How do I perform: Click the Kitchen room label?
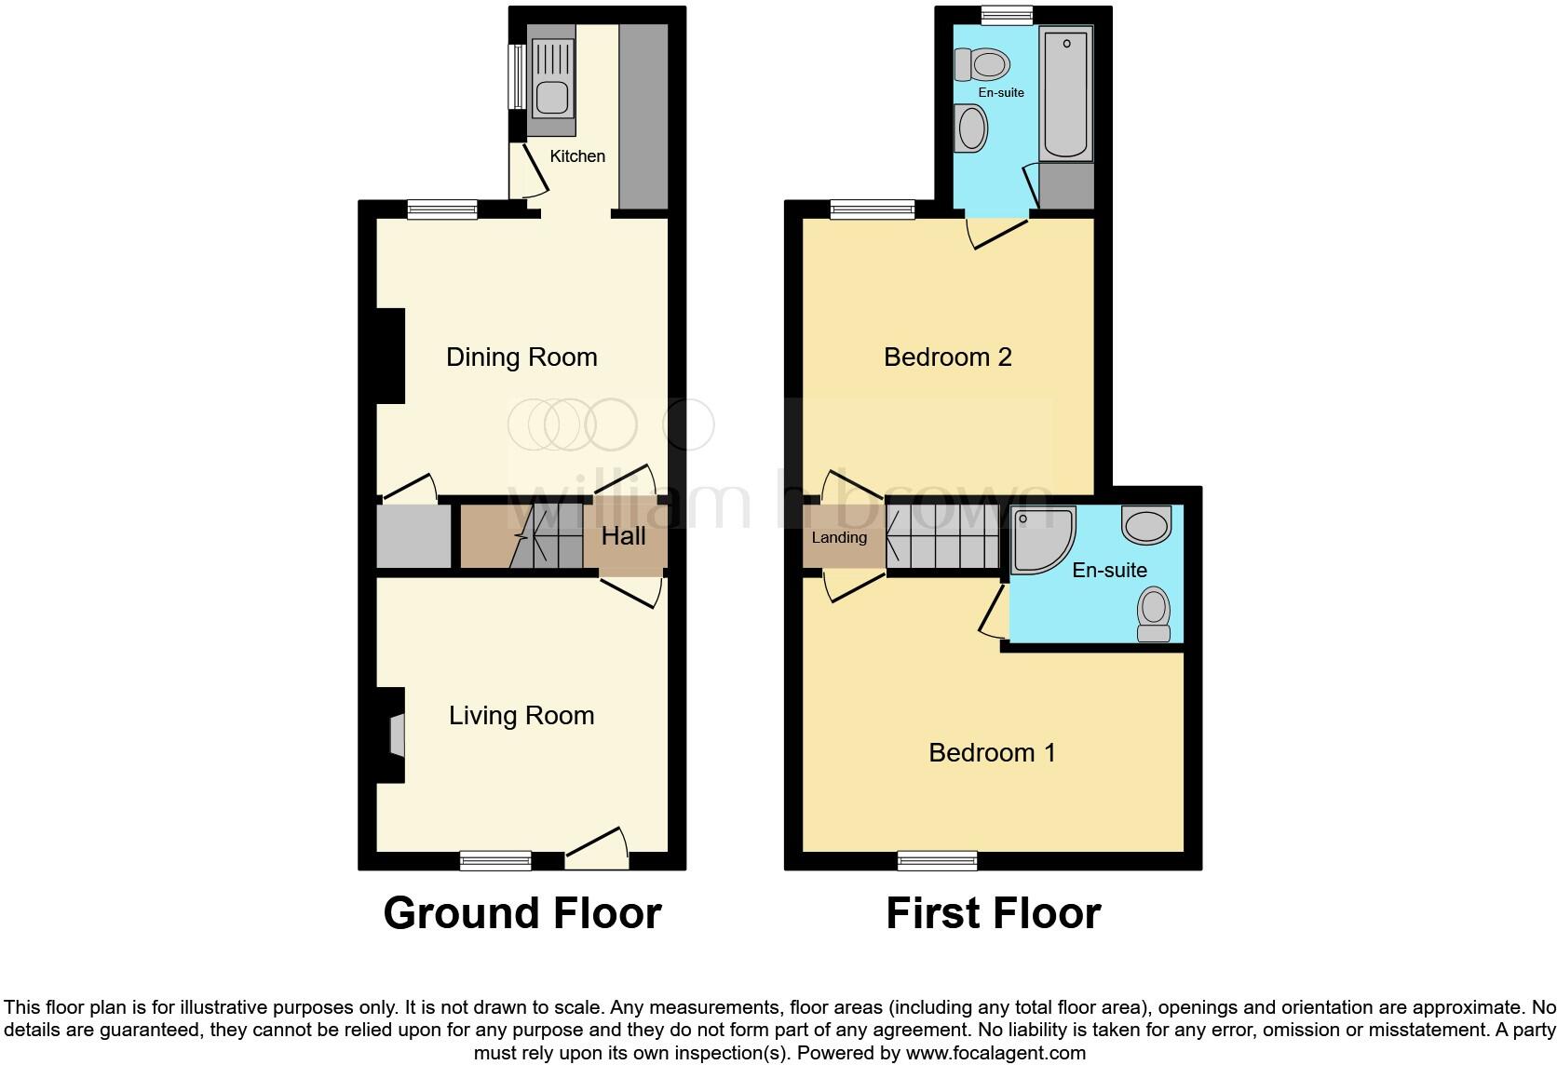pyautogui.click(x=577, y=156)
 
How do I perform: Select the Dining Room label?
pyautogui.click(x=521, y=357)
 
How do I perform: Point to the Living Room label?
pyautogui.click(x=521, y=715)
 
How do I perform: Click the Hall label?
pyautogui.click(x=623, y=536)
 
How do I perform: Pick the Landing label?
pyautogui.click(x=839, y=537)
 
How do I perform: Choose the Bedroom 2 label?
pyautogui.click(x=947, y=357)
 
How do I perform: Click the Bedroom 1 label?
pyautogui.click(x=992, y=752)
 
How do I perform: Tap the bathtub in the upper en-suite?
pyautogui.click(x=1066, y=93)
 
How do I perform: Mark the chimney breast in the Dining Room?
pyautogui.click(x=390, y=356)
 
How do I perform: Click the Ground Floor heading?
pyautogui.click(x=522, y=913)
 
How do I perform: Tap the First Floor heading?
pyautogui.click(x=993, y=913)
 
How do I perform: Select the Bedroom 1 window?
pyautogui.click(x=938, y=861)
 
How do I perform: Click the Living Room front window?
pyautogui.click(x=495, y=861)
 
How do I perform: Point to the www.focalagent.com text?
pyautogui.click(x=995, y=1054)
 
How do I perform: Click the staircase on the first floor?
pyautogui.click(x=941, y=537)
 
